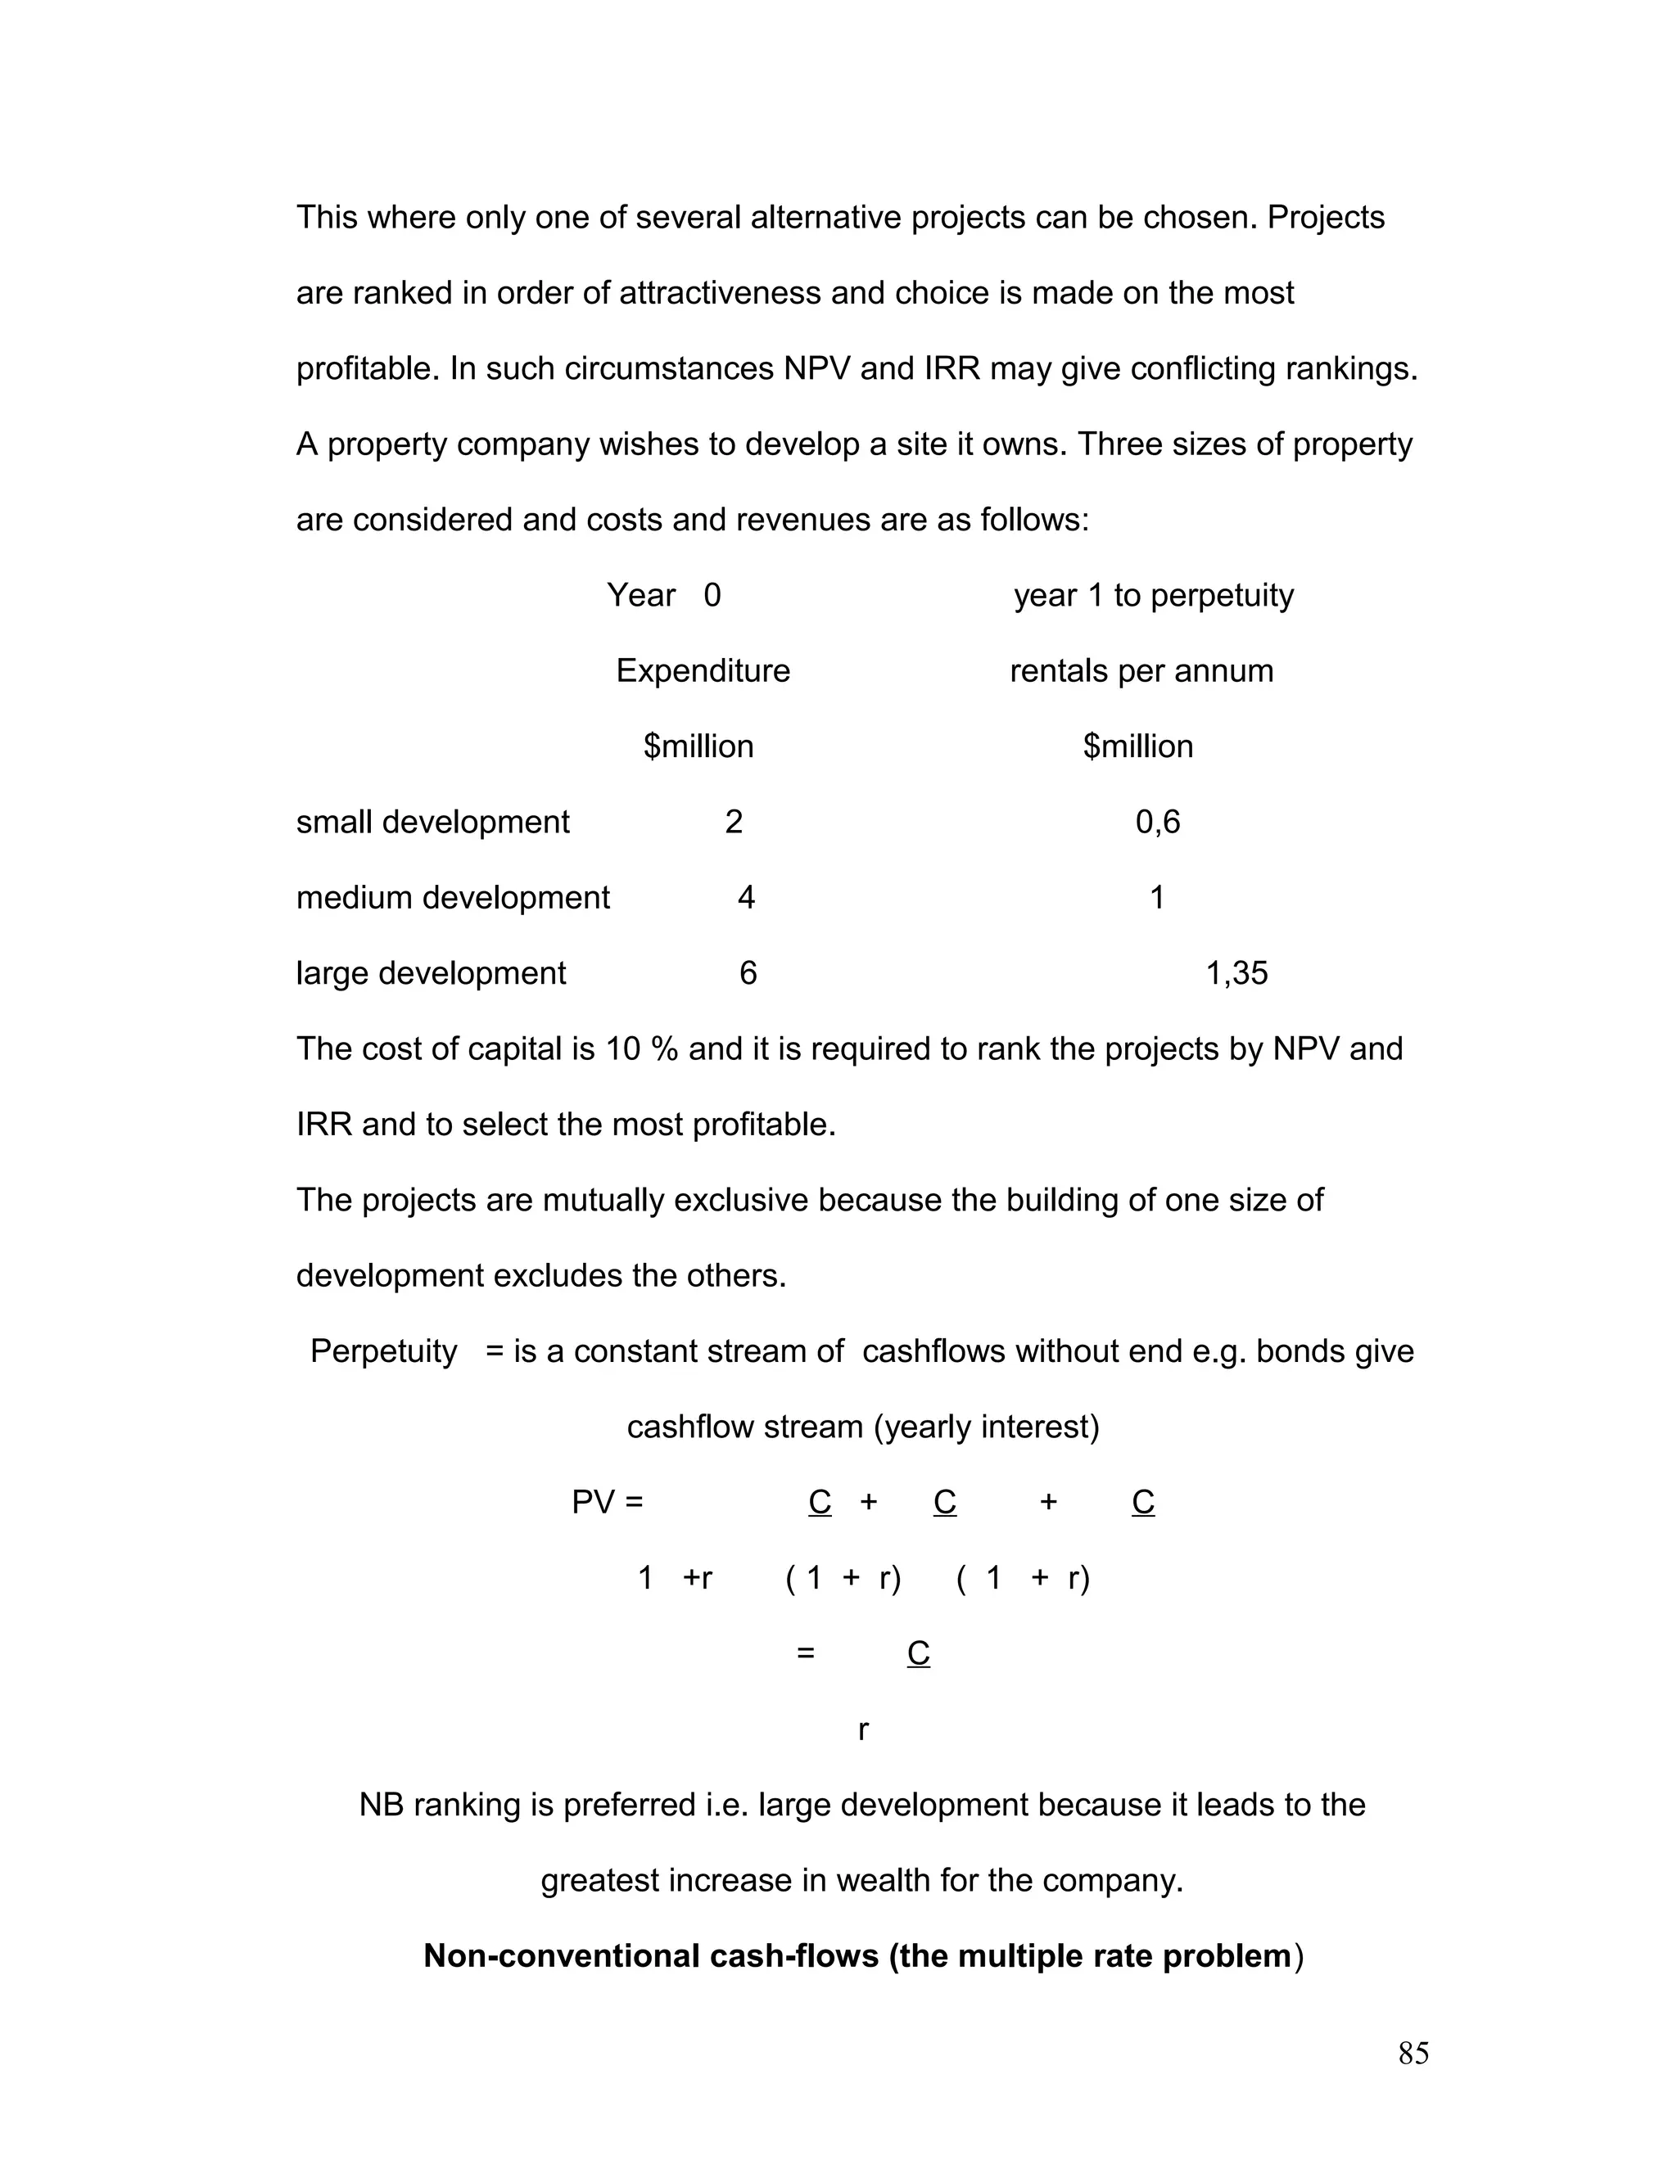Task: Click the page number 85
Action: pos(1413,2053)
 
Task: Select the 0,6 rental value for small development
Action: pos(1157,823)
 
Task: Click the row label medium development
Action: pos(452,898)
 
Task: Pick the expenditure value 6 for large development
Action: pos(748,973)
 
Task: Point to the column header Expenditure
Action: pos(703,671)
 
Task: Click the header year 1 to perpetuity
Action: pos(1154,596)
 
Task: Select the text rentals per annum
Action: pos(1141,671)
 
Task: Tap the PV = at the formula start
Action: pos(607,1503)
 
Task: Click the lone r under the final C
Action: pos(863,1729)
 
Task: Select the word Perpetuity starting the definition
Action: pos(383,1351)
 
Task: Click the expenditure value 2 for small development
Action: pos(733,823)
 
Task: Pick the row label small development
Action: pos(432,823)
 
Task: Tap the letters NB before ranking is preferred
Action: pos(381,1805)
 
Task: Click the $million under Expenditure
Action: pos(698,746)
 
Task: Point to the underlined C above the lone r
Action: pos(918,1653)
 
